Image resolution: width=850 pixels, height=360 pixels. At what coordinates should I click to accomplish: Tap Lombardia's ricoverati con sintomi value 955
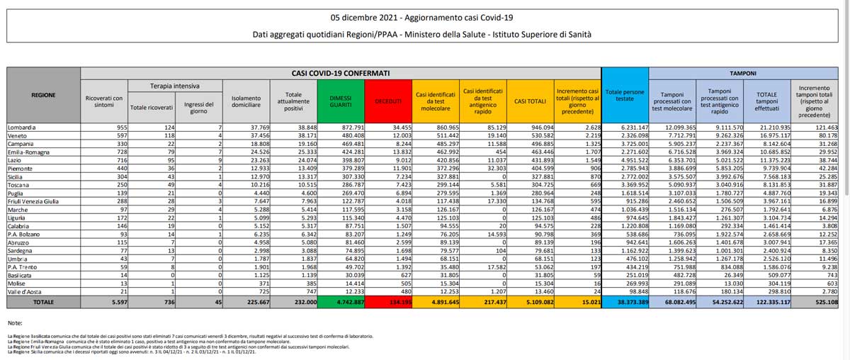pyautogui.click(x=115, y=127)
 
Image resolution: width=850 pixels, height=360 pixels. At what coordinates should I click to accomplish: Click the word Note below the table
pyautogui.click(x=16, y=322)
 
